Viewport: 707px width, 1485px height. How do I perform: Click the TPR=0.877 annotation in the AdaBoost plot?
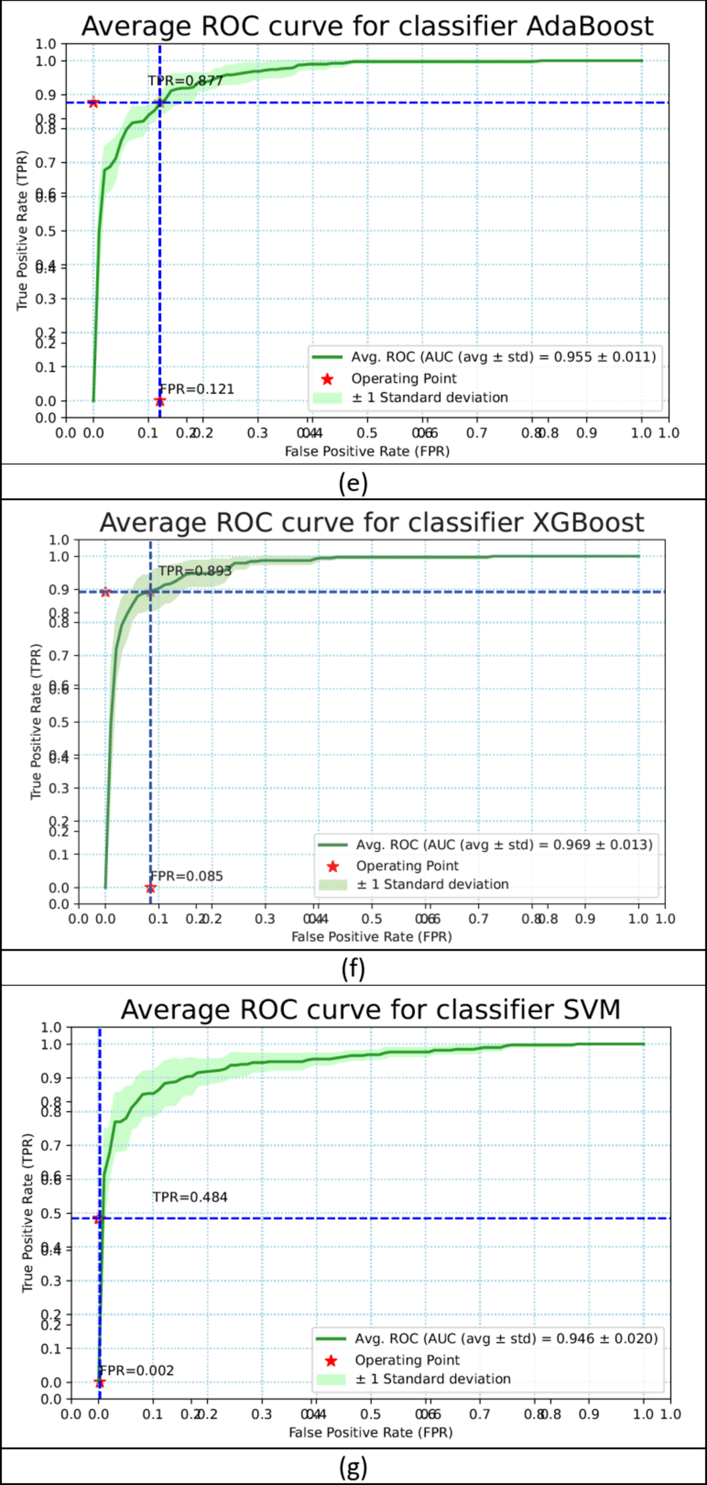pyautogui.click(x=185, y=81)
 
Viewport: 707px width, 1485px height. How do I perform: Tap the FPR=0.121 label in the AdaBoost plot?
pyautogui.click(x=197, y=389)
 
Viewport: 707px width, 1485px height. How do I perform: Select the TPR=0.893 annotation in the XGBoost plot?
pyautogui.click(x=195, y=571)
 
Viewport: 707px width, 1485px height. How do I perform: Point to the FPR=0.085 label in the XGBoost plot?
pyautogui.click(x=187, y=876)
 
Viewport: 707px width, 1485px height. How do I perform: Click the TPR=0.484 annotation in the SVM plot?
pyautogui.click(x=190, y=1197)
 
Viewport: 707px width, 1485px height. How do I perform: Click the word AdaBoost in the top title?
pyautogui.click(x=590, y=26)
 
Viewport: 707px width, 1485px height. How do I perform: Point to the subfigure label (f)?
pyautogui.click(x=353, y=969)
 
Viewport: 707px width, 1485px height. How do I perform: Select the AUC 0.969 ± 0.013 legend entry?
pyautogui.click(x=504, y=845)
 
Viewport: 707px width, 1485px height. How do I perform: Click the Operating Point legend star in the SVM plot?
pyautogui.click(x=330, y=1361)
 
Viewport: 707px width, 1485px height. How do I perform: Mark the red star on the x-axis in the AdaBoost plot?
pyautogui.click(x=160, y=401)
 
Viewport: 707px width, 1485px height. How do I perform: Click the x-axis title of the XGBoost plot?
pyautogui.click(x=371, y=937)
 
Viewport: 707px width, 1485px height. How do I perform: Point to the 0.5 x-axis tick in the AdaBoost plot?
pyautogui.click(x=368, y=432)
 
